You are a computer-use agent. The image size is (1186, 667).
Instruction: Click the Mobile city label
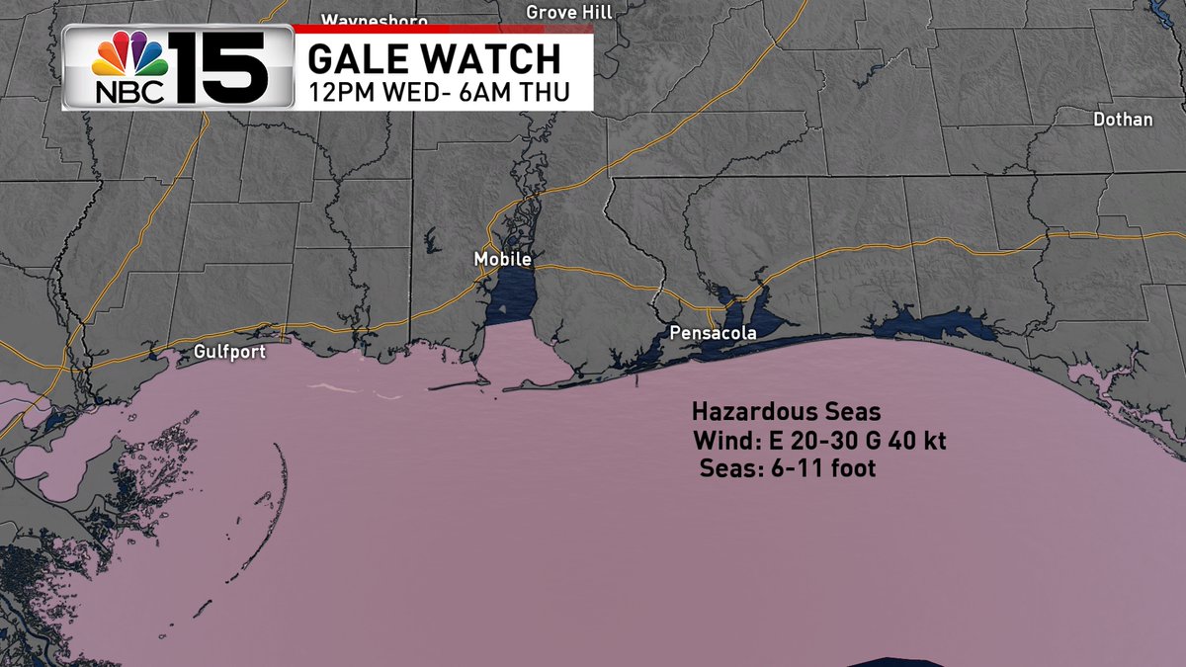point(503,259)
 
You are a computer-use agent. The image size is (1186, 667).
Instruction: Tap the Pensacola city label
point(713,333)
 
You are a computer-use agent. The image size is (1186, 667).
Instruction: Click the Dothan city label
point(1123,120)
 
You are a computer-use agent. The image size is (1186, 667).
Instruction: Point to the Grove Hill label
point(569,12)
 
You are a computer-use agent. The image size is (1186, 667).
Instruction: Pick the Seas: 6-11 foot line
point(787,468)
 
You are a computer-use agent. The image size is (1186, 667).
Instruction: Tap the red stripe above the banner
point(445,29)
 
